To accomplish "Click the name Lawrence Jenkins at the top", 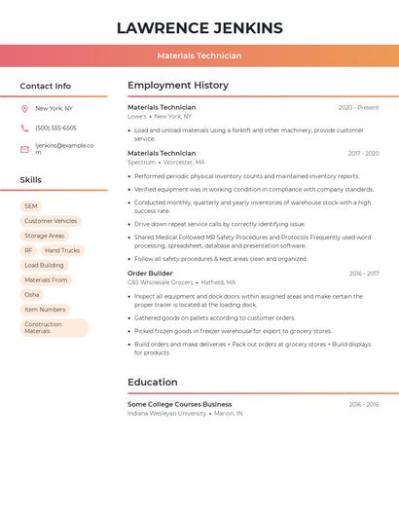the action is click(199, 28).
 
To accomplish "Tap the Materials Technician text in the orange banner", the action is click(199, 55).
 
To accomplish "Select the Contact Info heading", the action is click(45, 86).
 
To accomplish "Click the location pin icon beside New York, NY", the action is click(24, 108).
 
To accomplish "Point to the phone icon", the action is click(24, 128).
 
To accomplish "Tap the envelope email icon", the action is click(24, 149).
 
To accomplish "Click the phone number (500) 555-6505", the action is click(55, 128).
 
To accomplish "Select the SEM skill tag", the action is click(31, 206).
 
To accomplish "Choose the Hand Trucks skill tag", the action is click(61, 250).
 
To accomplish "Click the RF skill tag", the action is click(28, 250).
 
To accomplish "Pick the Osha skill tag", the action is click(32, 294).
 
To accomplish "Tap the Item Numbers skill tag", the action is click(45, 309).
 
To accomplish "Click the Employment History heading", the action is click(177, 86).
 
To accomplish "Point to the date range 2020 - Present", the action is click(358, 108).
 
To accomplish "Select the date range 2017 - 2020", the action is click(363, 154).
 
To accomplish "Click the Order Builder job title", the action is click(150, 274).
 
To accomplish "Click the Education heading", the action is click(152, 382).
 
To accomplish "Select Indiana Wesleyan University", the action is click(166, 413).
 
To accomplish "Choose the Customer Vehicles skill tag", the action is click(51, 221).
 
